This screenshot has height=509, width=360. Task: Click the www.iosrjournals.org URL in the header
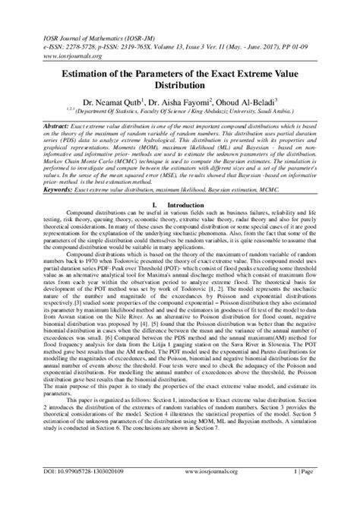click(x=61, y=34)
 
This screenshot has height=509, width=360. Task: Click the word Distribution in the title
click(x=180, y=88)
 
